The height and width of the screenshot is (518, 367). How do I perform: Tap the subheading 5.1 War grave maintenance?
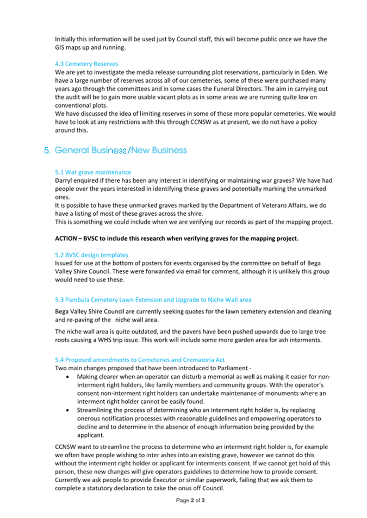tap(93, 172)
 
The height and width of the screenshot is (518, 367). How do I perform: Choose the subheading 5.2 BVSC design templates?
tap(92, 254)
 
